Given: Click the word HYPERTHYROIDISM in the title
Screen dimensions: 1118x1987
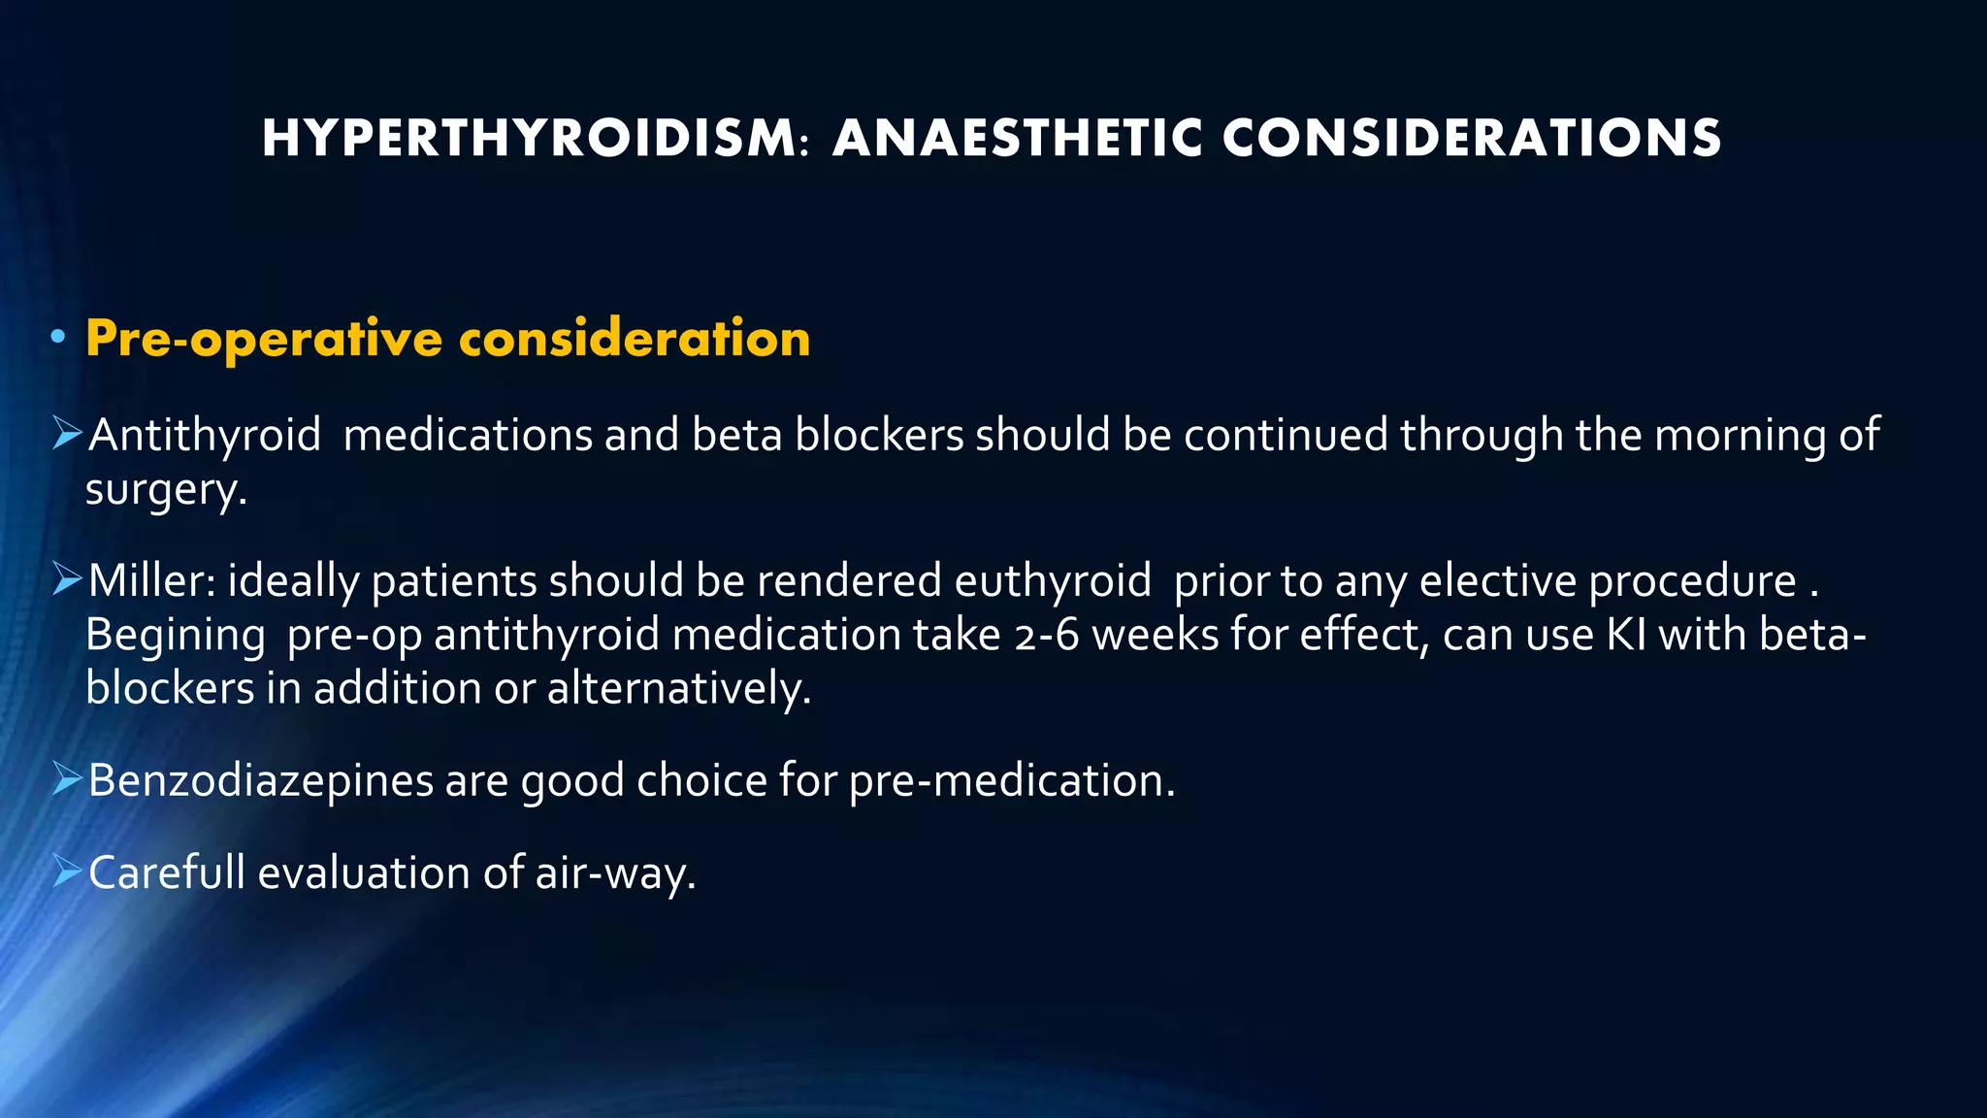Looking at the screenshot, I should [529, 138].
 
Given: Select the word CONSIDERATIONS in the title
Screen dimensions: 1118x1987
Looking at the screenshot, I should [1472, 138].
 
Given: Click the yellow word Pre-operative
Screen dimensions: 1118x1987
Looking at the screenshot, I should [264, 339].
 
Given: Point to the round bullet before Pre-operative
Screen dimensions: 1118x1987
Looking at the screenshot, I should [58, 338].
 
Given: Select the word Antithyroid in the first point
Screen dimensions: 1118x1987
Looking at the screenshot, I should [205, 435].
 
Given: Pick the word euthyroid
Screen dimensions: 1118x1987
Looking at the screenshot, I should [1053, 581].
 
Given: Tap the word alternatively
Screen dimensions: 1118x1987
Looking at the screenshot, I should [678, 689].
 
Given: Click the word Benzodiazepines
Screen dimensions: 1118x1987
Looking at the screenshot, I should [261, 781].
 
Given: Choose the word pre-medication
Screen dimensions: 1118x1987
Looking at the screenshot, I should [1011, 781].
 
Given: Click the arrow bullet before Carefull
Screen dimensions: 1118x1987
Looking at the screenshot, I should [67, 871].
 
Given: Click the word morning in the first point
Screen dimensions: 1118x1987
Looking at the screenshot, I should [1741, 435].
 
